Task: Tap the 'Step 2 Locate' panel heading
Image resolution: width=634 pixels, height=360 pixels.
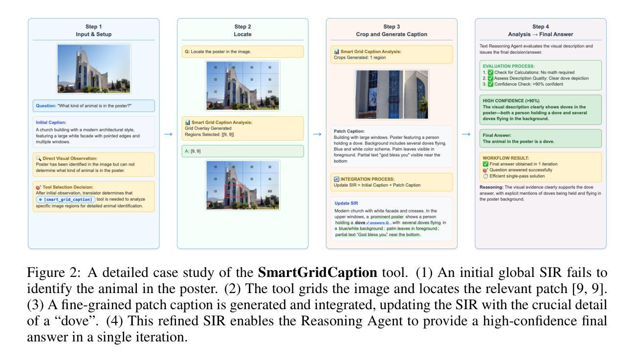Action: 242,30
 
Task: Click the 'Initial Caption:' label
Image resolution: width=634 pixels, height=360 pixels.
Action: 51,122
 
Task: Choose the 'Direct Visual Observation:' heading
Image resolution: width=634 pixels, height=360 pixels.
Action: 67,159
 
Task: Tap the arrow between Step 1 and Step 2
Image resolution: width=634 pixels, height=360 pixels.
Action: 168,133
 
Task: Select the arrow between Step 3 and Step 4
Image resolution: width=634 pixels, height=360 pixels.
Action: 466,133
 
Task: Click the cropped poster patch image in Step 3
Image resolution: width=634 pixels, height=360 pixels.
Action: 392,94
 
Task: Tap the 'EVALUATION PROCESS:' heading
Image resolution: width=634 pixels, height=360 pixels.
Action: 508,65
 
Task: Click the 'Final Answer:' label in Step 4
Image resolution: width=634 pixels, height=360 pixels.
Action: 497,135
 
